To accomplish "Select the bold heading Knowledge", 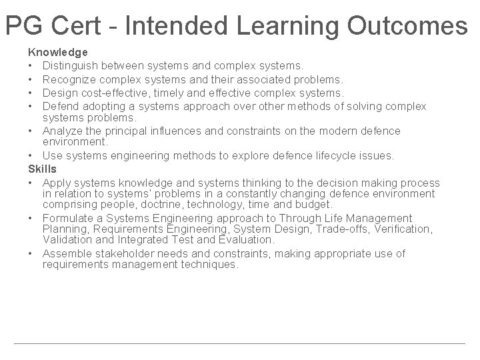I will [57, 51].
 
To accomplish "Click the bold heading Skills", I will [42, 169].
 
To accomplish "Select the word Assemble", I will [67, 253].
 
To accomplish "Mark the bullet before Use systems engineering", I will [31, 156].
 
